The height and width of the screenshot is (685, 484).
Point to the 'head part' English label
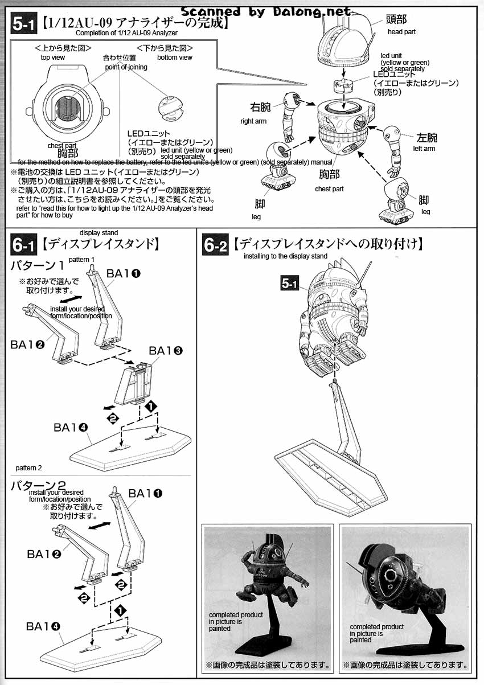[401, 32]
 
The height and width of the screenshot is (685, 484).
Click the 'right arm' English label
[253, 121]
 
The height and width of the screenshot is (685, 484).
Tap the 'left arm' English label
[424, 149]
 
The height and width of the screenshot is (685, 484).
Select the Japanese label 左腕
[426, 137]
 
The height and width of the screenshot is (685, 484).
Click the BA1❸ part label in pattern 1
[166, 351]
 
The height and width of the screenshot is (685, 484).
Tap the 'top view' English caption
[53, 58]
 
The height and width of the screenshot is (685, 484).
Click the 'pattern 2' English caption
[29, 468]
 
